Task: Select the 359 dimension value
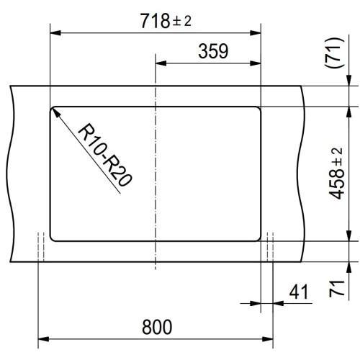coord(212,51)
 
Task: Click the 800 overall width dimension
coord(156,328)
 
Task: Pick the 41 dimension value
coord(299,292)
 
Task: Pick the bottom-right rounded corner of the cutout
coord(257,237)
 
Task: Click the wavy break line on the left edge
coord(12,173)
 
